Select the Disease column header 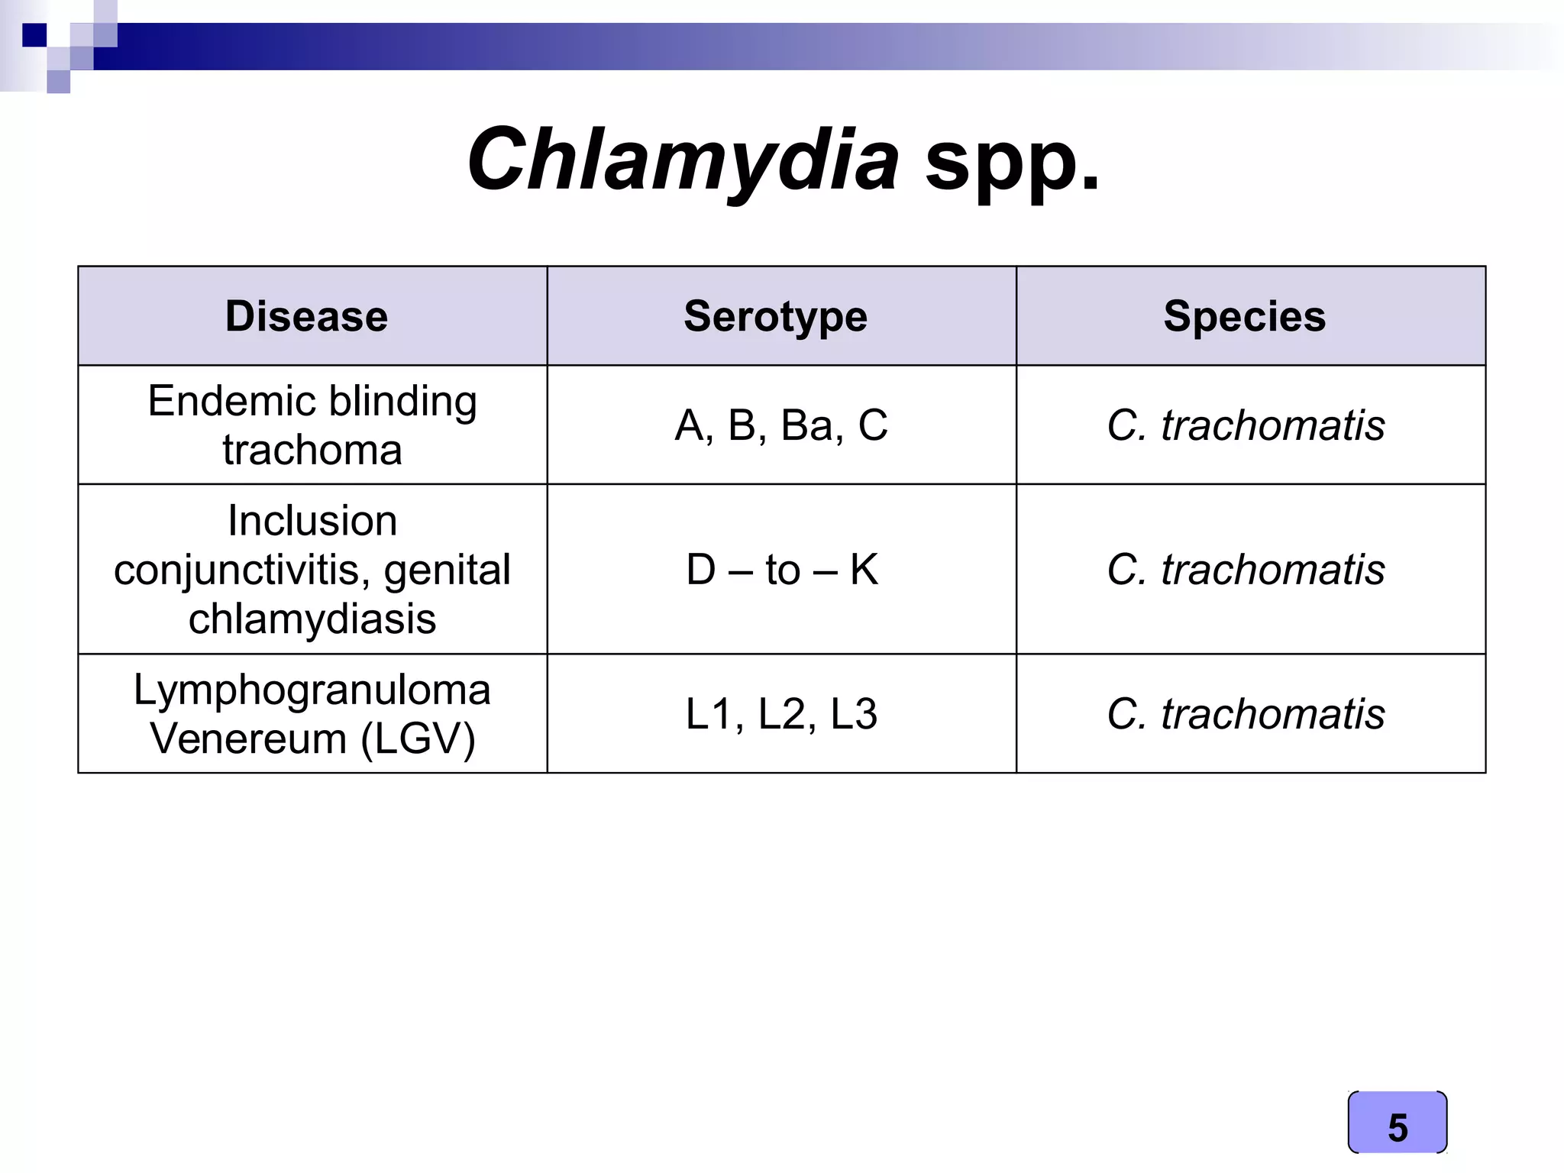306,316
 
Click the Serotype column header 775,316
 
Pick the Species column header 1244,316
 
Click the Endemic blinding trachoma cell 312,425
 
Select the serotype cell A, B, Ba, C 781,425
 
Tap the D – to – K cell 781,570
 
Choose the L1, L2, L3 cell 781,714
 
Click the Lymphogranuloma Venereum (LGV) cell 312,713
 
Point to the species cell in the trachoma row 1246,425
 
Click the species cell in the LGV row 1246,714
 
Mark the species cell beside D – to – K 1246,570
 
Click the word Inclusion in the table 312,521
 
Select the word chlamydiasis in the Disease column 312,619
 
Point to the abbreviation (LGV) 418,738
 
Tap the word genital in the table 447,570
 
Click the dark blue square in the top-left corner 34,35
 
